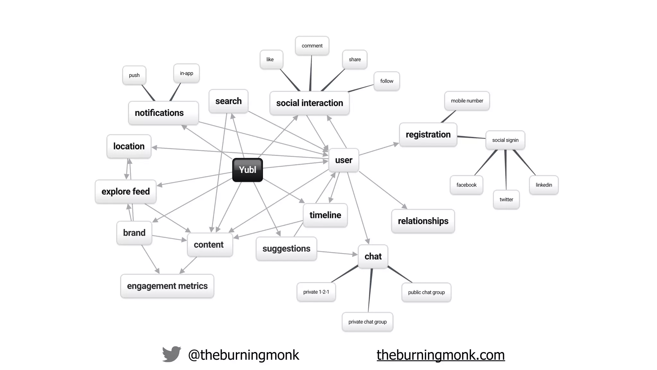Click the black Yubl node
click(x=247, y=170)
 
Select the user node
click(x=344, y=160)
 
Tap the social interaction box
click(x=309, y=103)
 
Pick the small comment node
click(x=312, y=46)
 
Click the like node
click(x=270, y=59)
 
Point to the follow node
click(x=387, y=81)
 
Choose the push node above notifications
click(x=134, y=75)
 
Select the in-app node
click(x=186, y=73)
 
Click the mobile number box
click(x=467, y=101)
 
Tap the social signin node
click(x=505, y=140)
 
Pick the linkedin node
click(x=544, y=185)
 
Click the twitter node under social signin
click(x=506, y=199)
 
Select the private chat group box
click(x=367, y=322)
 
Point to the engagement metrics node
click(x=167, y=286)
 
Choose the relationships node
click(x=423, y=221)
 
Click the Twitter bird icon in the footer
click(x=172, y=354)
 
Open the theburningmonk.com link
click(x=440, y=355)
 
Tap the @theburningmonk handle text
click(x=243, y=355)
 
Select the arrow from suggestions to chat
click(x=337, y=253)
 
